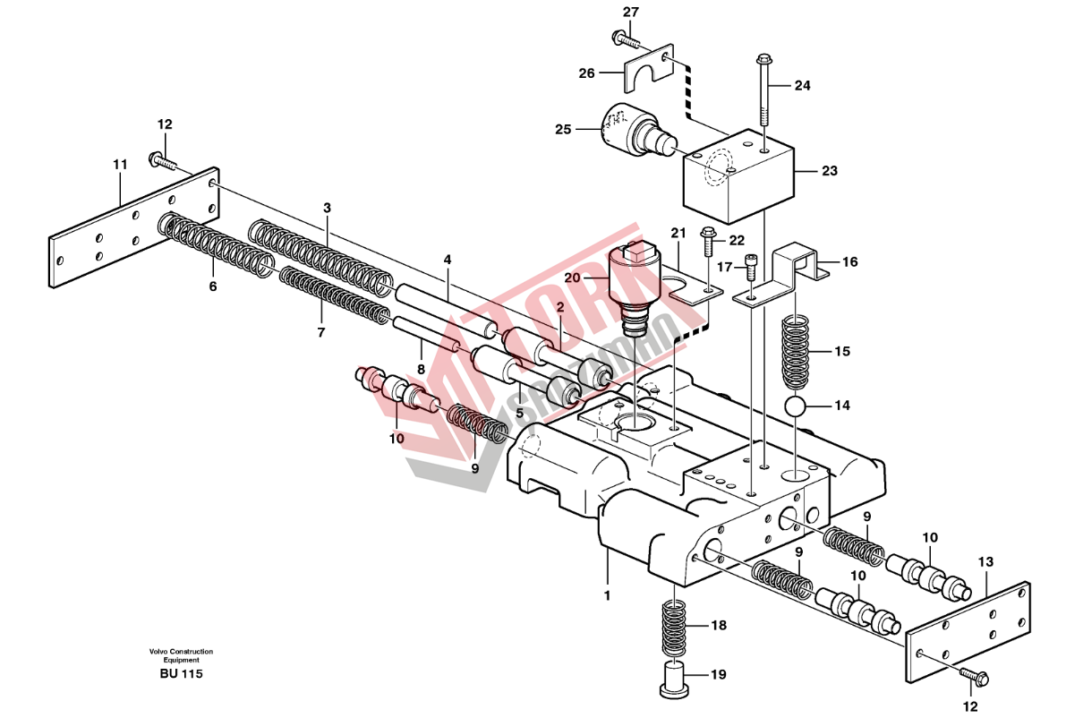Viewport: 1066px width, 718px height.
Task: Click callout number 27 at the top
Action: [x=631, y=12]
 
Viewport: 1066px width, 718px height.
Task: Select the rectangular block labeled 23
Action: [x=738, y=176]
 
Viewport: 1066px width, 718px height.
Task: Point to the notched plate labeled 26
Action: [x=646, y=68]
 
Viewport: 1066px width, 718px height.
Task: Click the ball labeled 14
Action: [x=795, y=406]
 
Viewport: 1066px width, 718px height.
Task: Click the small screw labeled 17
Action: [x=751, y=267]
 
